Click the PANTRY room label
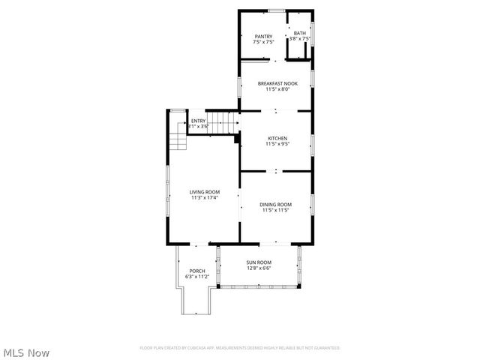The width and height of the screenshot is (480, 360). point(263,36)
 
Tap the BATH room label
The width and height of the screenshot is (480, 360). point(299,33)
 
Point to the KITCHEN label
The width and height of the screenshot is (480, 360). point(277,139)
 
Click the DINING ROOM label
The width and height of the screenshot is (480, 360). point(275,205)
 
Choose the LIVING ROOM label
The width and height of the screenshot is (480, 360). point(204,192)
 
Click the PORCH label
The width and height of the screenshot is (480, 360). point(197,271)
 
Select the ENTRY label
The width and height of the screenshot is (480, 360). point(198,121)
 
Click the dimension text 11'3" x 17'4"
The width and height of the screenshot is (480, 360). point(204,198)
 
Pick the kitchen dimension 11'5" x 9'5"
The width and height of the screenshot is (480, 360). point(277,144)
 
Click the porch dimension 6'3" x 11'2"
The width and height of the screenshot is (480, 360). point(197,277)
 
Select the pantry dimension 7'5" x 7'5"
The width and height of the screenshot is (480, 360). point(263,41)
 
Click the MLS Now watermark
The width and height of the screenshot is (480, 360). point(27,352)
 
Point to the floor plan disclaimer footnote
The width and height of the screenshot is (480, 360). point(240,348)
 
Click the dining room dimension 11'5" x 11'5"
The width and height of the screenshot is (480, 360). point(275,210)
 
